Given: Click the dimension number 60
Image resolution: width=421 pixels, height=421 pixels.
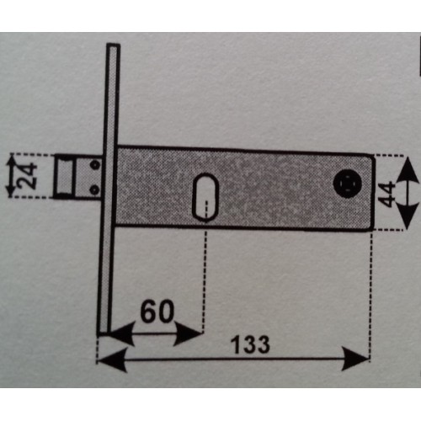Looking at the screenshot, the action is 157,312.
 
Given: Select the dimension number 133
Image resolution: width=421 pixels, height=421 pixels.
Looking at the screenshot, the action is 250,344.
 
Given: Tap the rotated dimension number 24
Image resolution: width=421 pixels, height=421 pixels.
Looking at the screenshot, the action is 27,176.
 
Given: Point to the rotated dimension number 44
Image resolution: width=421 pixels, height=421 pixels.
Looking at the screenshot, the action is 386,195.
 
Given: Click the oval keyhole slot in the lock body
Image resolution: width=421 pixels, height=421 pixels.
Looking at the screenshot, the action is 205,197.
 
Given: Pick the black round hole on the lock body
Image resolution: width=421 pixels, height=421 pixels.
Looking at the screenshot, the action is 348,184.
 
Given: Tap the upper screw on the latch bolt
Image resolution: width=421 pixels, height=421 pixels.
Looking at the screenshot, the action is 96,164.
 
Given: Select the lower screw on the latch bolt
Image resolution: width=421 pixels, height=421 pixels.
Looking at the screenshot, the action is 95,189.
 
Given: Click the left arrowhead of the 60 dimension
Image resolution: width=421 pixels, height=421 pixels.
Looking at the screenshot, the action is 120,333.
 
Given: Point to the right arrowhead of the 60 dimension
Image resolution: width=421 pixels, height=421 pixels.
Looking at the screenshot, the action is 188,333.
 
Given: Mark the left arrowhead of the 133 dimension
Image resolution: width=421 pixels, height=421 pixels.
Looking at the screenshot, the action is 112,360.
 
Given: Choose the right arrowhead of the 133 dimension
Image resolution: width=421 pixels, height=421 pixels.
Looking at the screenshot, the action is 355,359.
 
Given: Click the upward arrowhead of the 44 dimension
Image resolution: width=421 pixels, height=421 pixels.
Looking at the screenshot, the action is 408,169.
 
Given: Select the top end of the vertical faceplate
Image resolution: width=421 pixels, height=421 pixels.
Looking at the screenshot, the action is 114,45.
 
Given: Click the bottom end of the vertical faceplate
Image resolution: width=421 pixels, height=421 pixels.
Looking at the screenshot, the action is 104,333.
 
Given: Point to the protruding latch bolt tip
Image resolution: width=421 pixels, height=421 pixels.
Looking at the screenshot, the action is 64,176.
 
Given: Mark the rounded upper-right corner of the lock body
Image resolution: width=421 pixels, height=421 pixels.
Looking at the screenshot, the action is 371,157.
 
